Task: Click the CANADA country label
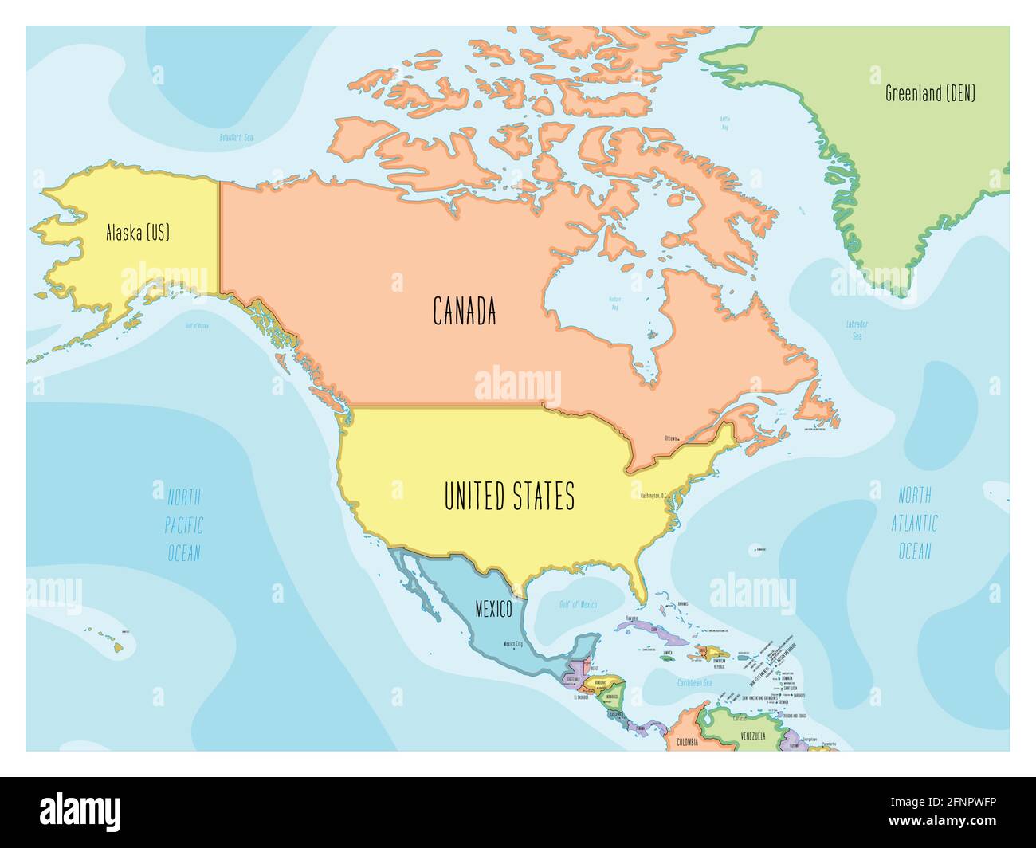pos(465,311)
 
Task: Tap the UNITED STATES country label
pos(508,497)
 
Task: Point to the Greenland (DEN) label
pos(930,93)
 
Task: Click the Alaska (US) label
pos(138,233)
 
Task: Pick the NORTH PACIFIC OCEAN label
pos(184,525)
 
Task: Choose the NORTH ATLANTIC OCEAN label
pos(914,524)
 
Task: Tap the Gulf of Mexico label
pos(578,605)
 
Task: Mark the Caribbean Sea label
pos(694,683)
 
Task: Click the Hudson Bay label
pos(615,302)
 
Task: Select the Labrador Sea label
pos(857,330)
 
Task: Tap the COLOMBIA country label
pos(687,742)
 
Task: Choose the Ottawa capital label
pos(673,438)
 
